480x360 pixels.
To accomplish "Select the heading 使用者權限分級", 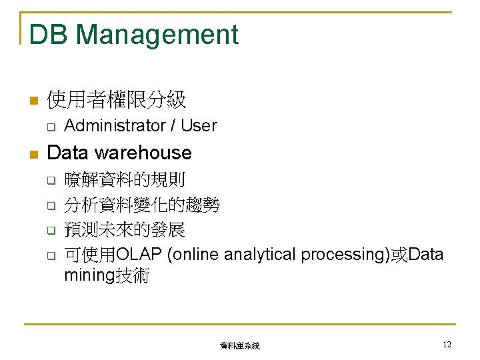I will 117,101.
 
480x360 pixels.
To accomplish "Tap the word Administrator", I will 115,125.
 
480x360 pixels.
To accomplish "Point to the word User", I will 199,125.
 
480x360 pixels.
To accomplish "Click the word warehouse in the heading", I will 143,153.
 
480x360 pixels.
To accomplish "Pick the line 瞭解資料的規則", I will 125,179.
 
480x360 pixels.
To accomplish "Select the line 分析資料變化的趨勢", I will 142,205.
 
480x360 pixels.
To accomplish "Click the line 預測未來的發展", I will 125,230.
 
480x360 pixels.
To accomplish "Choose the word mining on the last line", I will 89,275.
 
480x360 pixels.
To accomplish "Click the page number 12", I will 447,345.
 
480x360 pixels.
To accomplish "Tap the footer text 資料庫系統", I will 240,346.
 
